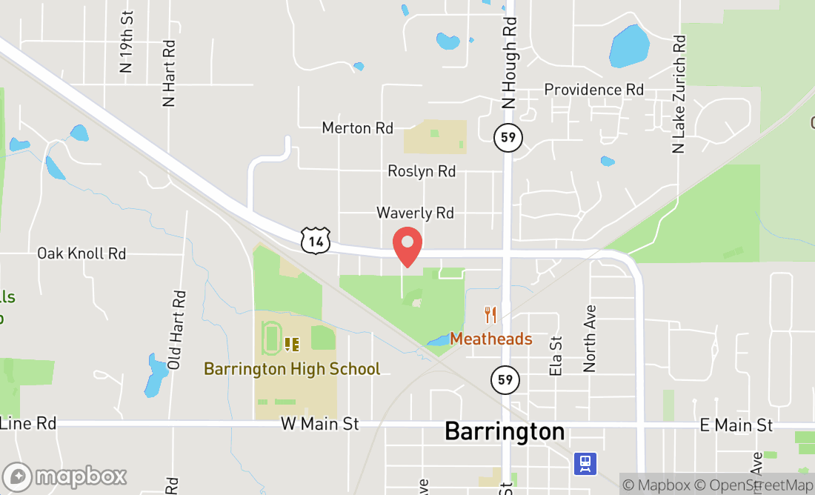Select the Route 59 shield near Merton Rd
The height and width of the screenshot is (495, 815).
tap(508, 137)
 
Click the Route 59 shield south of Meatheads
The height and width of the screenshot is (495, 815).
tap(505, 380)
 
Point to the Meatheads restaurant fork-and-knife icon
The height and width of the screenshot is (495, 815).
tap(490, 315)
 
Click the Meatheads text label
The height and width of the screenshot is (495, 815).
tap(491, 339)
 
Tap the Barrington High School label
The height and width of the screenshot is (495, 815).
tap(292, 368)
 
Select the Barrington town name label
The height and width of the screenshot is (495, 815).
tap(505, 431)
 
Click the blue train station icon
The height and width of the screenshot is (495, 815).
tap(585, 464)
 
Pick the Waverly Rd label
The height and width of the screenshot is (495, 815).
tap(415, 213)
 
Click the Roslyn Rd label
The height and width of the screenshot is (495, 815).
tap(422, 171)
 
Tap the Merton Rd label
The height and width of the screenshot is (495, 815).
tap(357, 128)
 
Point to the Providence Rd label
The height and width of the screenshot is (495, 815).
tap(593, 90)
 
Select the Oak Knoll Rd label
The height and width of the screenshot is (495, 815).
tap(81, 253)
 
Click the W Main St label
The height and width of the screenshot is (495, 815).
tap(320, 424)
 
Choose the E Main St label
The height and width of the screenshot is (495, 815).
tap(736, 425)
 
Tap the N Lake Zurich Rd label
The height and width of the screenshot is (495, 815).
tap(679, 94)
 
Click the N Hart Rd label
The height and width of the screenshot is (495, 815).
tap(169, 73)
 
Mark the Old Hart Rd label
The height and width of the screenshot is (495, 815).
tap(176, 330)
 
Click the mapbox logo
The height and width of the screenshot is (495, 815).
tap(64, 476)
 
